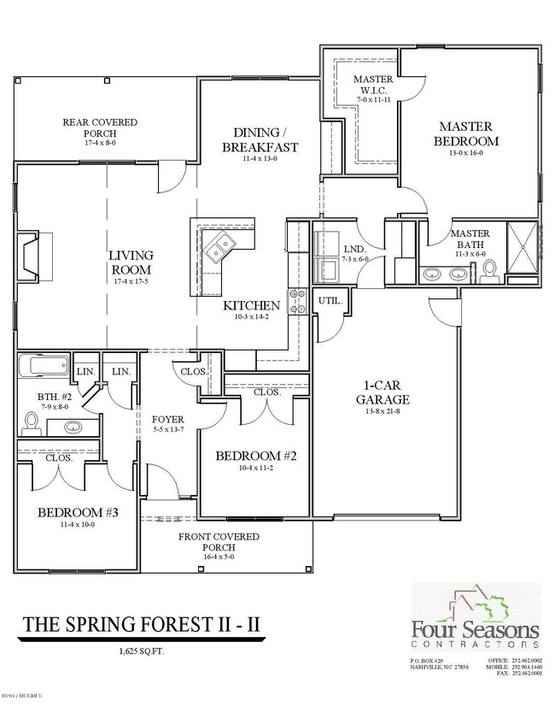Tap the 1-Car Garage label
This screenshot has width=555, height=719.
click(383, 392)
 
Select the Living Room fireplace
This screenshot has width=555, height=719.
click(34, 256)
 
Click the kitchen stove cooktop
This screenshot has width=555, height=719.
click(299, 302)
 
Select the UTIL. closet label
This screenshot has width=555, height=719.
click(330, 301)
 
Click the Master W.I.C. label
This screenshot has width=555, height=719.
click(372, 85)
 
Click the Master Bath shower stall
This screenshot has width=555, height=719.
click(523, 249)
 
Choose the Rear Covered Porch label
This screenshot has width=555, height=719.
click(100, 127)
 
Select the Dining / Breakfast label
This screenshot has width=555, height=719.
click(266, 139)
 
